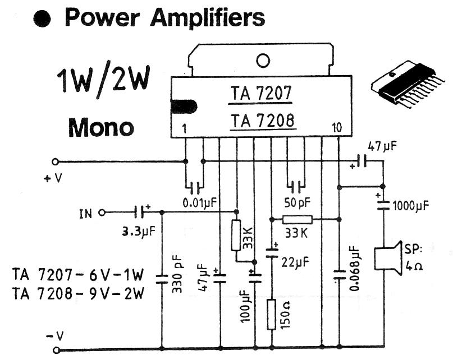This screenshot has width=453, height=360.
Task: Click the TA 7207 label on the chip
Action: point(261,93)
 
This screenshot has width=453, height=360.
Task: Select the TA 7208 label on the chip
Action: point(262,120)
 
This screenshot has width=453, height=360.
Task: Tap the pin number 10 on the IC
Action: point(336,128)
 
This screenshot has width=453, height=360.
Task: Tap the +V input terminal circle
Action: point(55,161)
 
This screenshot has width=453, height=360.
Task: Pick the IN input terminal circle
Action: point(102,213)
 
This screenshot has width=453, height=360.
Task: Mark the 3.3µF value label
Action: point(138,230)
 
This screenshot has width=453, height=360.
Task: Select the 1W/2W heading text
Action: point(103,82)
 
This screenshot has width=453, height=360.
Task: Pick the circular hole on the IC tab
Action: point(263,60)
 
